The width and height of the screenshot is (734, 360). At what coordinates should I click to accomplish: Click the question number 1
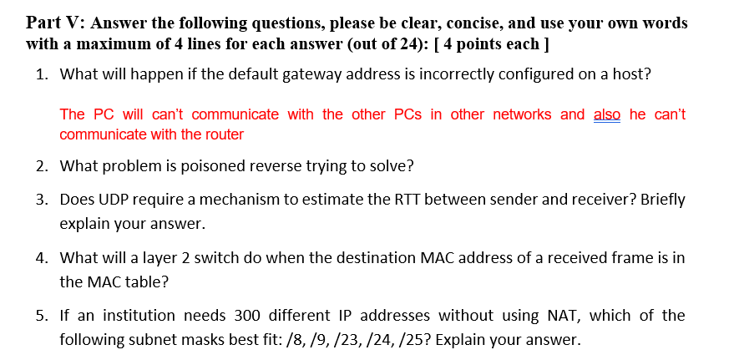(42, 74)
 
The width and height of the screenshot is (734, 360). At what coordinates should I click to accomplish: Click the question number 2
(42, 165)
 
